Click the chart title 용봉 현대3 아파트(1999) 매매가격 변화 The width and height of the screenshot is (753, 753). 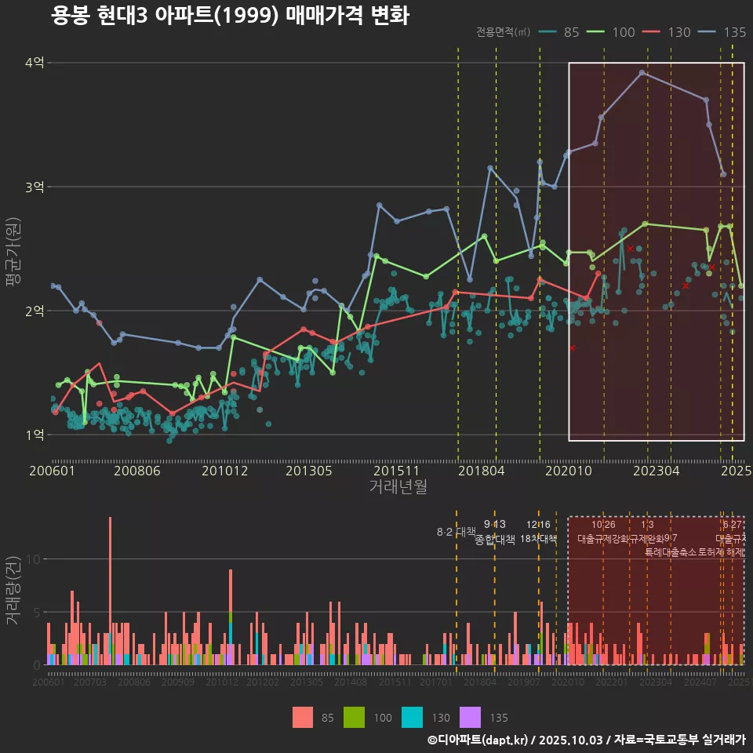coord(230,16)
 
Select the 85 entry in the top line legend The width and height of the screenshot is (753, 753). coord(571,32)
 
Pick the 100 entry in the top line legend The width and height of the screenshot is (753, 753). coord(623,32)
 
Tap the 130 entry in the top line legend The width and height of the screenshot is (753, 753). coord(678,32)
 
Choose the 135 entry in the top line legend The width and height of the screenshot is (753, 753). coord(734,32)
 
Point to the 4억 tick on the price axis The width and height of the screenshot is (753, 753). coord(35,63)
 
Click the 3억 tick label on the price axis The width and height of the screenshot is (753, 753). coord(35,187)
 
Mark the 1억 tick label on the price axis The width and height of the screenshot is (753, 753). coord(35,435)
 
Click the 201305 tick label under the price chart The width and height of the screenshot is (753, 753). coord(308,471)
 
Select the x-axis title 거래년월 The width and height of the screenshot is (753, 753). coord(398,487)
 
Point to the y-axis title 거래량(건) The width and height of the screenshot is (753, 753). coord(13,591)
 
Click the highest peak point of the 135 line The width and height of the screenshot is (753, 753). coord(642,73)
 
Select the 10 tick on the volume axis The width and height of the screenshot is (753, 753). coord(35,559)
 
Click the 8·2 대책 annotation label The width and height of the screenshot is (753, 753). coord(457,532)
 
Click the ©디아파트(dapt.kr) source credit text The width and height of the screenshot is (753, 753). coord(478,740)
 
